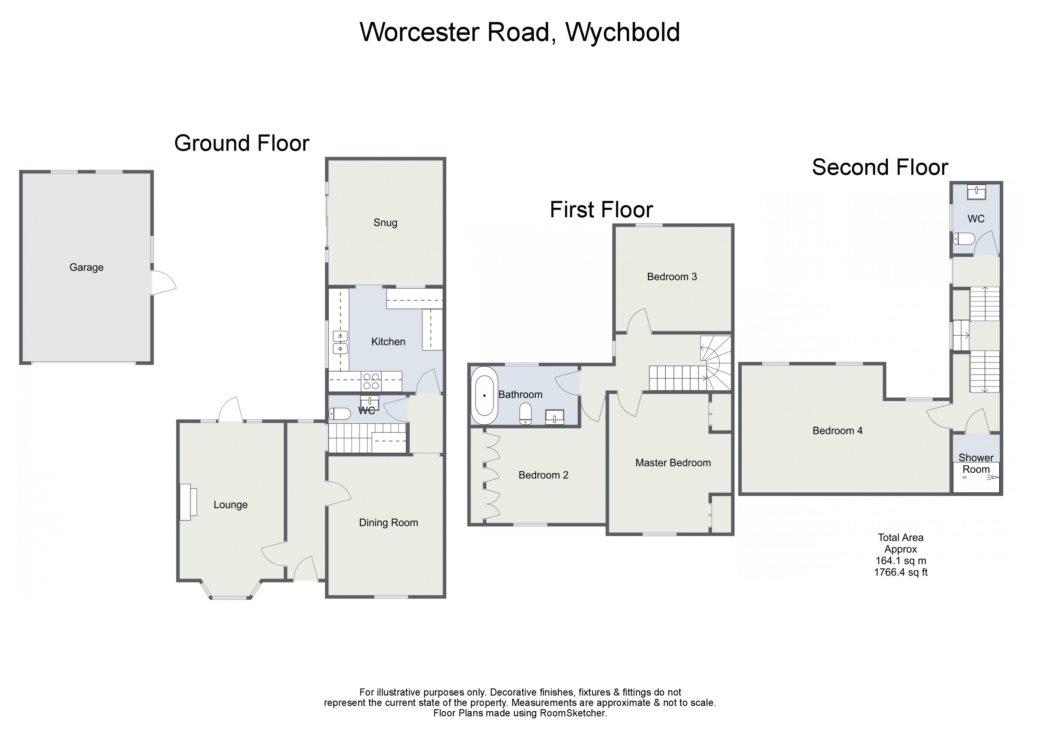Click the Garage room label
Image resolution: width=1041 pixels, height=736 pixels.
pos(86,268)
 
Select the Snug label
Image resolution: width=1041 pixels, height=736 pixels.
pos(386,222)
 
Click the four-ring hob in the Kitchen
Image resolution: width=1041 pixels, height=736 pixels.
pos(371,381)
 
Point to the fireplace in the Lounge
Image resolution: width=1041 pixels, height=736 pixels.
pos(187,502)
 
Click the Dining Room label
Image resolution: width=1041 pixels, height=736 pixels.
pos(389,523)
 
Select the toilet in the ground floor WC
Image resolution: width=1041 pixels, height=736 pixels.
pos(340,414)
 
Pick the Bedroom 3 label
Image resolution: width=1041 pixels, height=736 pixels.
pos(672,277)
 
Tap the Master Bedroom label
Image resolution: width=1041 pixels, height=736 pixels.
pos(673,463)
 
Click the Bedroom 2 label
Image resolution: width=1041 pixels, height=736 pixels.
pos(543,475)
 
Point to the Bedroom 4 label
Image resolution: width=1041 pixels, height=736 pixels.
pos(838,431)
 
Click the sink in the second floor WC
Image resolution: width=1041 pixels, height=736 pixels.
pos(976,192)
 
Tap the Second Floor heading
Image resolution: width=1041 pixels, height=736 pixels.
pos(880,167)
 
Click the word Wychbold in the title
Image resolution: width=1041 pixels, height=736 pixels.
pos(622,32)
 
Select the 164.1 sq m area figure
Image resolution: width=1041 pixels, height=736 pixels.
pos(900,561)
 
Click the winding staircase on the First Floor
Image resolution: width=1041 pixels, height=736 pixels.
pos(715,363)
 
